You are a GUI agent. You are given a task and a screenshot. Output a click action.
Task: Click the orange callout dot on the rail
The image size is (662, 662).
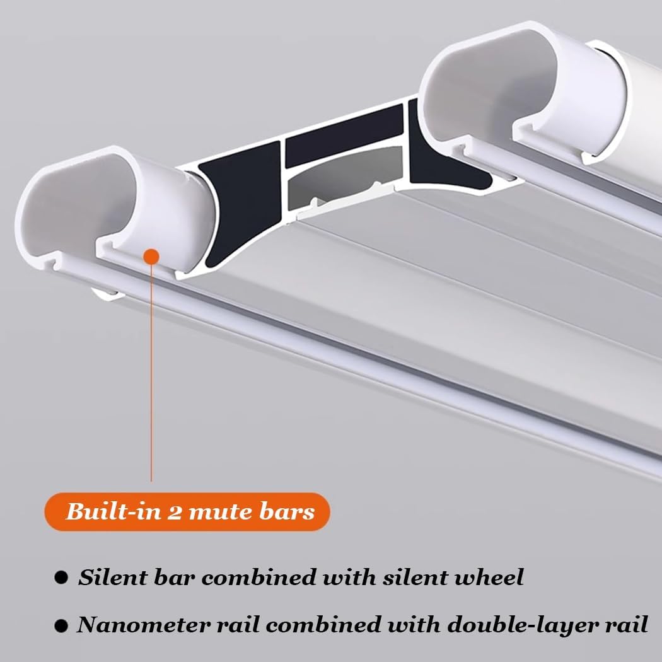pyautogui.click(x=151, y=256)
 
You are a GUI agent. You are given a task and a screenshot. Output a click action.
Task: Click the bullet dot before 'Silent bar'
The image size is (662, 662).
pyautogui.click(x=61, y=577)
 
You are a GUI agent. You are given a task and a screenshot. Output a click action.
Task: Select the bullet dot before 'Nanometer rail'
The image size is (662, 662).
pyautogui.click(x=61, y=625)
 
